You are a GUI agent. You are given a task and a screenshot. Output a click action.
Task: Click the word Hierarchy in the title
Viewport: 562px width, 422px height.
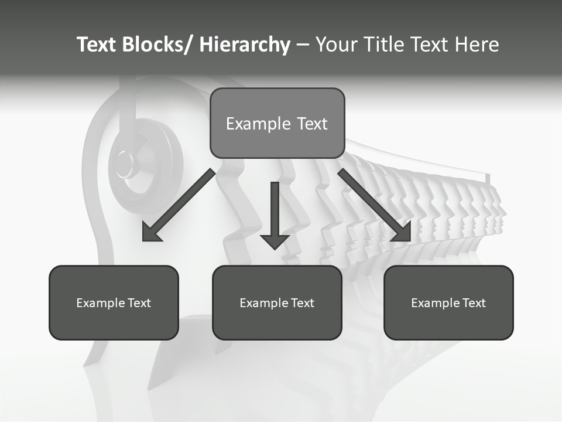(x=245, y=45)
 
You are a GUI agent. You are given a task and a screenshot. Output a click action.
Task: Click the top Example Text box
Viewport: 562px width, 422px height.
(x=277, y=123)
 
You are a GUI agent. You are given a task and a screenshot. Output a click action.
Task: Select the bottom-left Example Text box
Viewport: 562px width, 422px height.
(x=114, y=302)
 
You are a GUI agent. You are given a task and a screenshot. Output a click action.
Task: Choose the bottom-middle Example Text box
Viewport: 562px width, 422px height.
(x=277, y=302)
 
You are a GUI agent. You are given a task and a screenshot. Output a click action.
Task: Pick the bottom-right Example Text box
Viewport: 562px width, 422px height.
(x=448, y=302)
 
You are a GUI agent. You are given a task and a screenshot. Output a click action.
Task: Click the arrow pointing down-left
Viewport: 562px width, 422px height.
(x=179, y=205)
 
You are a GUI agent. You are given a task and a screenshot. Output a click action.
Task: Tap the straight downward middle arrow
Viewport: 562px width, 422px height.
(x=275, y=214)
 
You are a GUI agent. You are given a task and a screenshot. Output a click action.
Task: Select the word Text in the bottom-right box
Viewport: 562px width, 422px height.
(x=473, y=303)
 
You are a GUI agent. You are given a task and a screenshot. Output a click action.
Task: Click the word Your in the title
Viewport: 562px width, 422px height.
(x=336, y=45)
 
